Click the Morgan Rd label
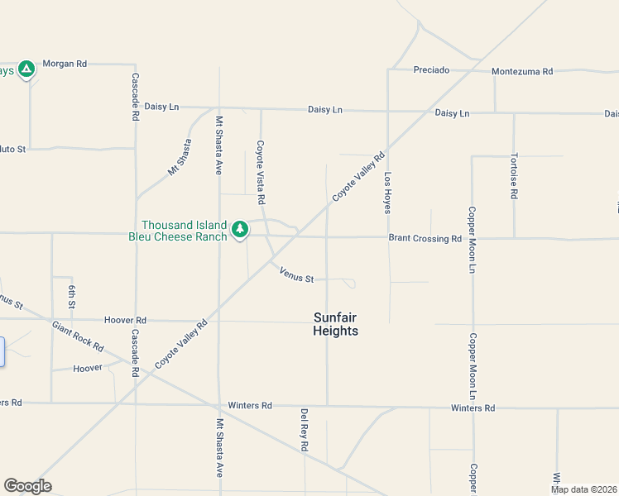(x=65, y=64)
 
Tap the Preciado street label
(x=431, y=70)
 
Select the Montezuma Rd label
(x=521, y=72)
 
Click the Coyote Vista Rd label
(x=260, y=172)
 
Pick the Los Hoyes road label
(x=386, y=193)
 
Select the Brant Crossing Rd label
(x=425, y=239)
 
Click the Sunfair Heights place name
(x=336, y=324)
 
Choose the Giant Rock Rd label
(x=77, y=336)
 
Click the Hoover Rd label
(x=125, y=320)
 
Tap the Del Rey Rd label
(x=305, y=430)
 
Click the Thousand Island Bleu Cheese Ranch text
(x=184, y=231)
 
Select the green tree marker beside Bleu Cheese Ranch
(x=240, y=229)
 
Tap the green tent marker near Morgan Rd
(x=26, y=69)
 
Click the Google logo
(x=27, y=486)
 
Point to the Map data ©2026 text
(x=583, y=489)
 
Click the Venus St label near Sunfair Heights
(x=296, y=274)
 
